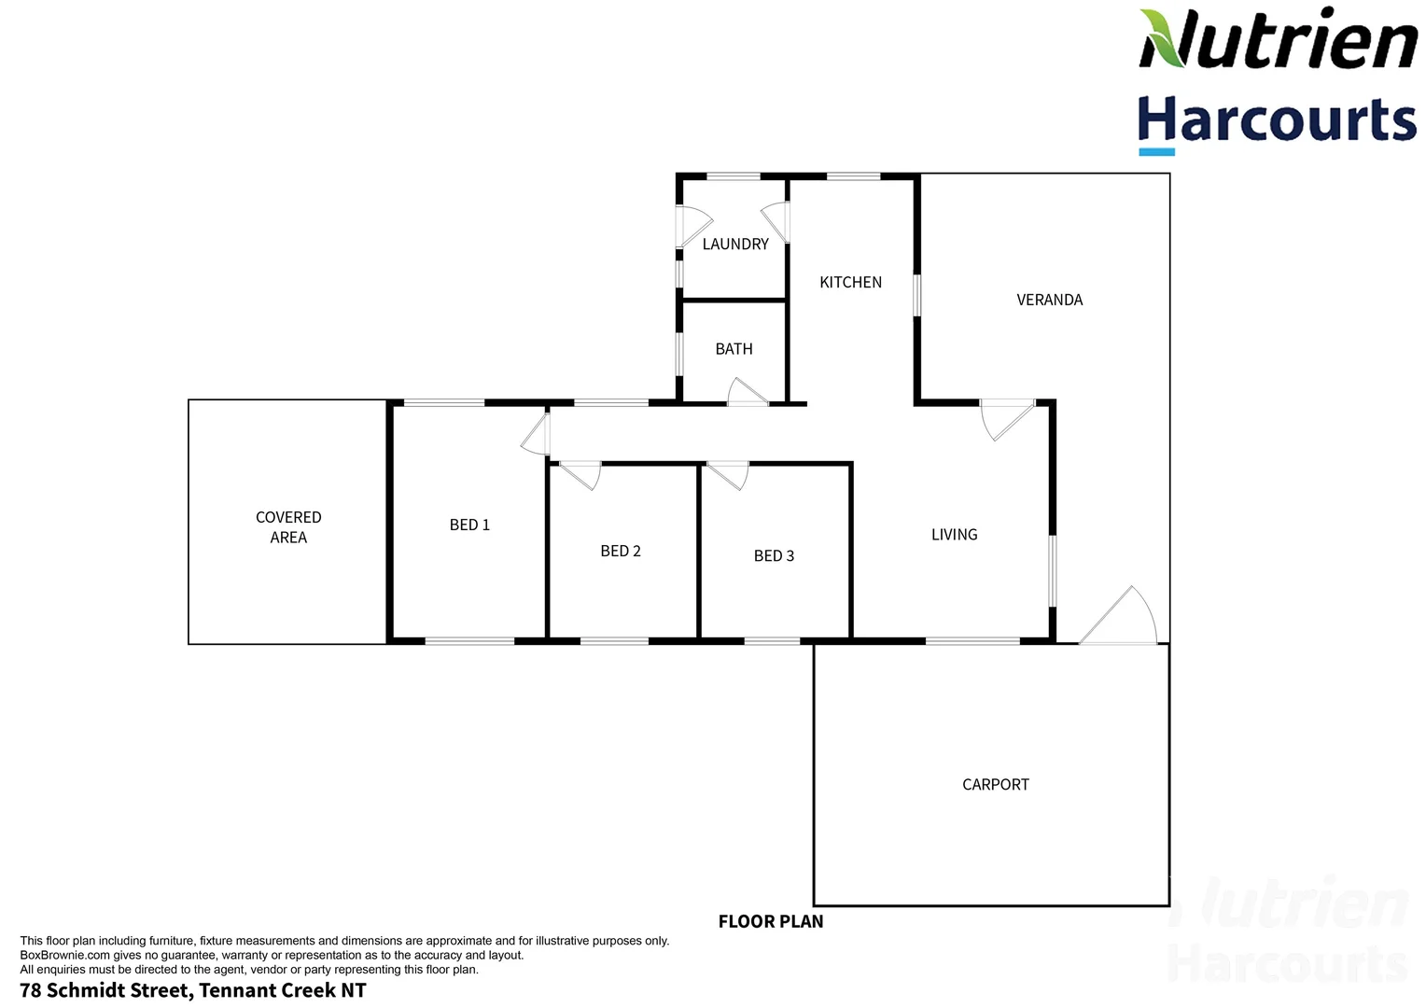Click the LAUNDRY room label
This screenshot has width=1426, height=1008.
click(735, 245)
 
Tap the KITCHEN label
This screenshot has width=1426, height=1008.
click(850, 283)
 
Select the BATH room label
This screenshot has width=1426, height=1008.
click(734, 349)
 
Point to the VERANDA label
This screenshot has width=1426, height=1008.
click(1049, 301)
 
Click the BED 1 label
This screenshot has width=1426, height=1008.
click(469, 525)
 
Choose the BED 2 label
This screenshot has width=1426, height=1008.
click(621, 552)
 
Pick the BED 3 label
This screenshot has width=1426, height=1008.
click(774, 556)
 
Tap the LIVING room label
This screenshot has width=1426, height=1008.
click(954, 535)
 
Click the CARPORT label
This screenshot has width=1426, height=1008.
click(995, 785)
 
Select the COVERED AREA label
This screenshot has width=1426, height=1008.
click(288, 527)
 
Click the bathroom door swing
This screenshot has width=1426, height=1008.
click(747, 393)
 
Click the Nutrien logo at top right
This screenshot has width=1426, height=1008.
click(1277, 39)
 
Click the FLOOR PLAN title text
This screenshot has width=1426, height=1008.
click(771, 922)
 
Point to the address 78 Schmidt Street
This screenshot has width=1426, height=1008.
click(193, 991)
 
